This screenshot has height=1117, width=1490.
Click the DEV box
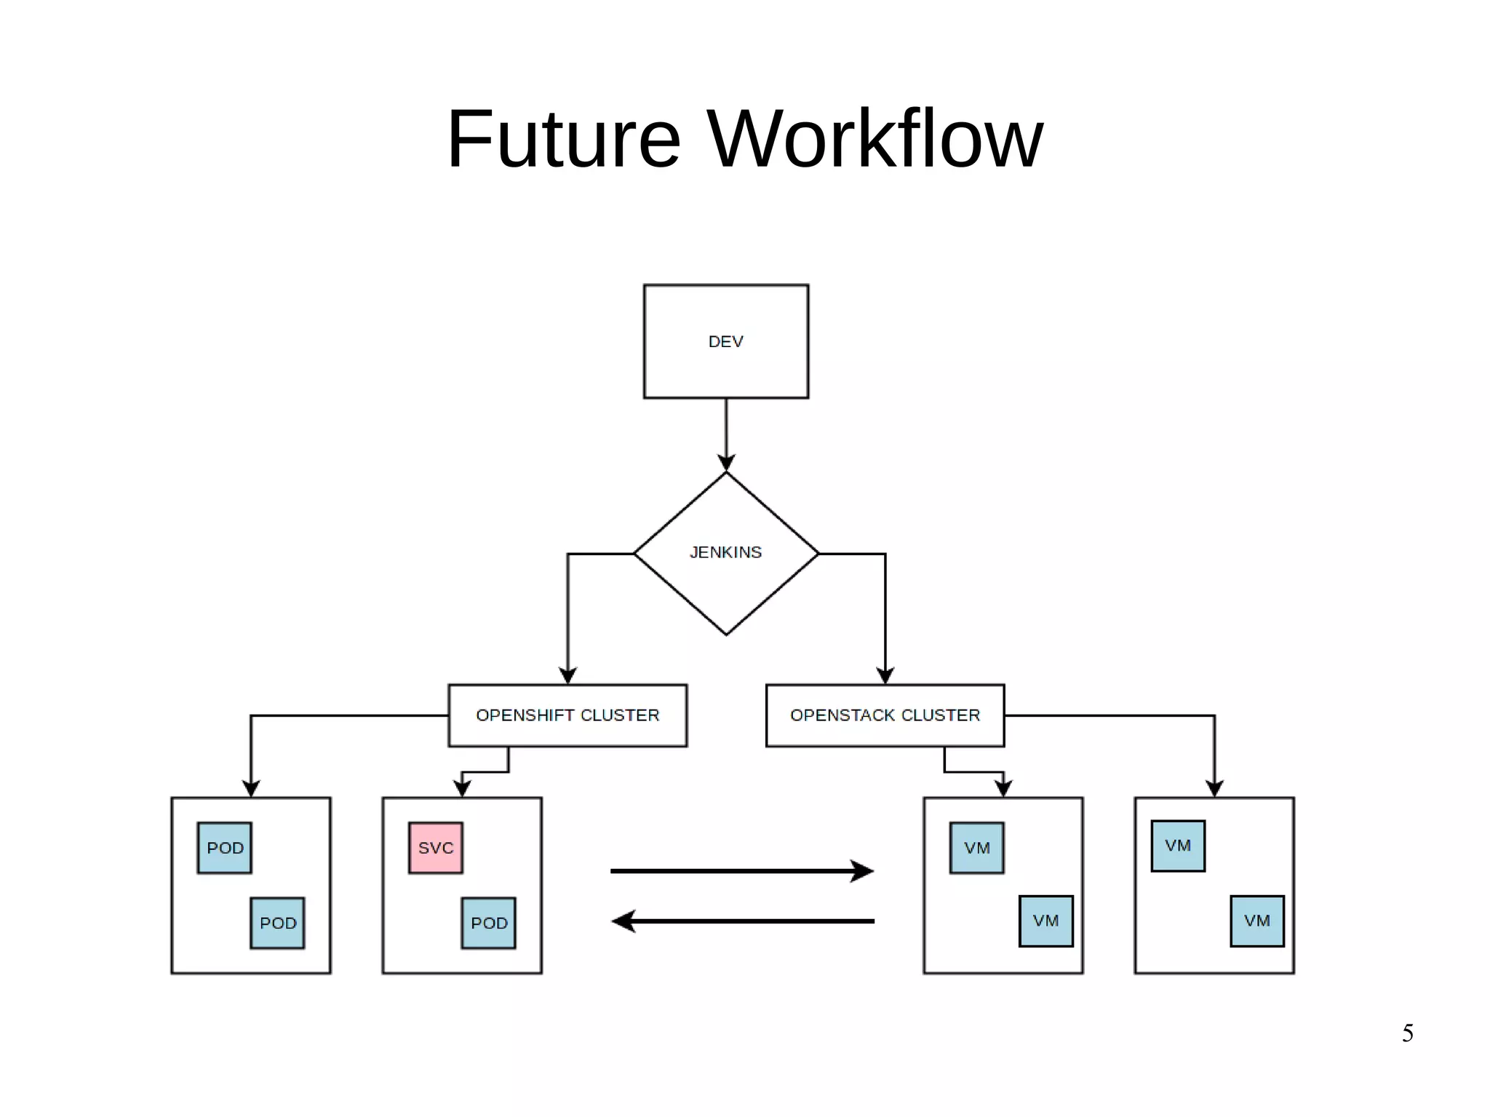(725, 341)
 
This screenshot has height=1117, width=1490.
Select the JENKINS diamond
(725, 553)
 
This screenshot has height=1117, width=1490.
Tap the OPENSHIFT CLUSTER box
(567, 715)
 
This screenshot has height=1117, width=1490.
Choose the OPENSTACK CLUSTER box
(885, 715)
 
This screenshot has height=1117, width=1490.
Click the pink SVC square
(435, 848)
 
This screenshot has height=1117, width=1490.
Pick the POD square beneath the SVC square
(488, 923)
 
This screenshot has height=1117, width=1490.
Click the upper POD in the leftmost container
(225, 848)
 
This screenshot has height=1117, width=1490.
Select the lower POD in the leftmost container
(277, 923)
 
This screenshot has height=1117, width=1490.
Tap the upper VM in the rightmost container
(1177, 846)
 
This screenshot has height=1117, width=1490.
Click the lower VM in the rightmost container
(1256, 921)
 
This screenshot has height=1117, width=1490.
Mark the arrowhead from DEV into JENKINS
(726, 462)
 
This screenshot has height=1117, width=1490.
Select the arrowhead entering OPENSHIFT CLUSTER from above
(567, 675)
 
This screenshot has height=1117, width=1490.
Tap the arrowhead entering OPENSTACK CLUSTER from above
(885, 675)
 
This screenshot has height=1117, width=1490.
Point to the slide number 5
(1408, 1033)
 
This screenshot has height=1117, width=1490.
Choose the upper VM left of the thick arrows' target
(976, 848)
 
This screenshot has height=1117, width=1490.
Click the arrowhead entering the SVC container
(462, 788)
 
